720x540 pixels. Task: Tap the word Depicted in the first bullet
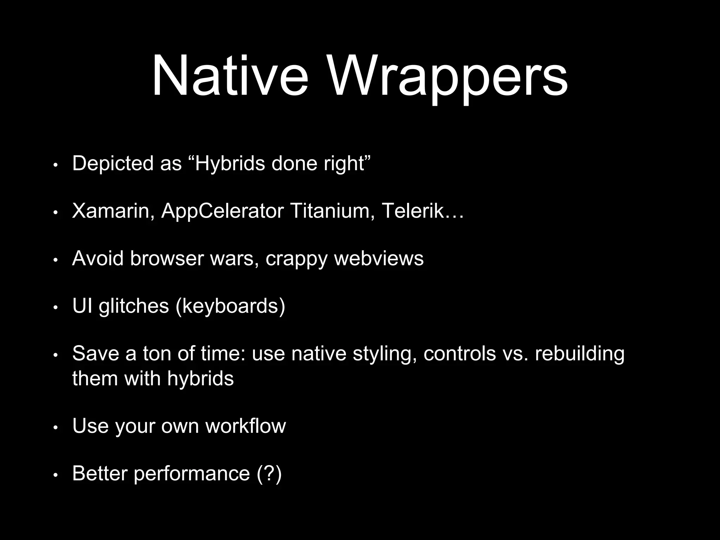[x=112, y=164]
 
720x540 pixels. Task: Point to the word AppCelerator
[x=222, y=212]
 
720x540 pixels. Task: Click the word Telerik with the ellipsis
[x=422, y=212]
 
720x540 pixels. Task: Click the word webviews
[x=379, y=259]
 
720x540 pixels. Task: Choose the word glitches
[x=134, y=307]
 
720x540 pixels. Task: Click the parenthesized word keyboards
[x=230, y=307]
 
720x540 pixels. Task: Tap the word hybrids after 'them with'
[x=200, y=379]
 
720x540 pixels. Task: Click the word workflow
[x=245, y=426]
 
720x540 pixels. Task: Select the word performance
[x=192, y=474]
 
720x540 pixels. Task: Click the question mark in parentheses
[x=269, y=473]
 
